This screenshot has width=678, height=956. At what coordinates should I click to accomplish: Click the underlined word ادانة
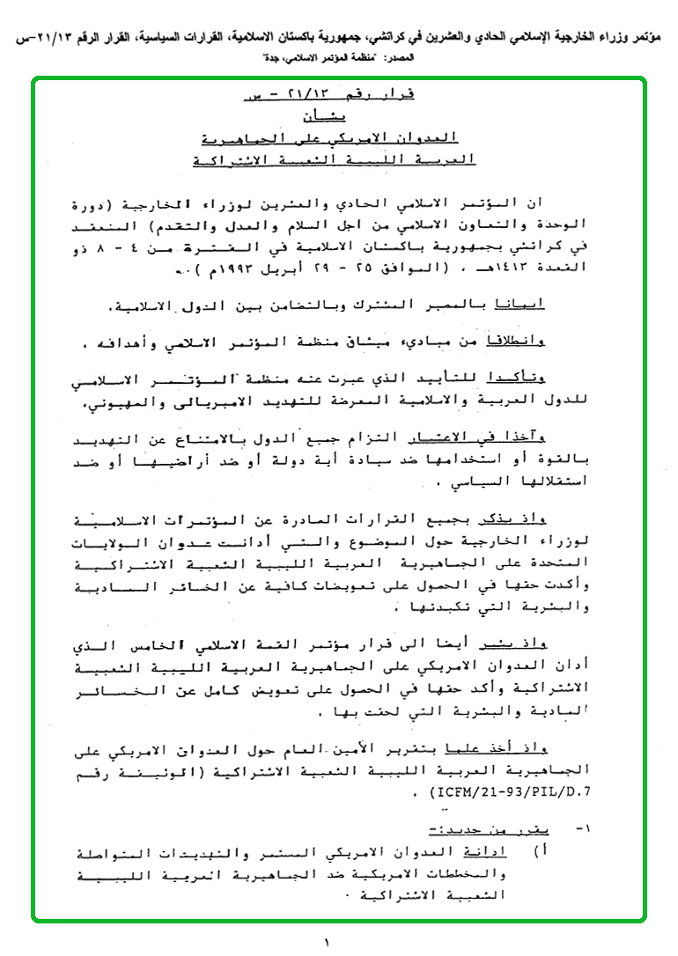pyautogui.click(x=499, y=853)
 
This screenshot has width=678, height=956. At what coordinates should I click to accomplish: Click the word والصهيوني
pyautogui.click(x=119, y=405)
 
